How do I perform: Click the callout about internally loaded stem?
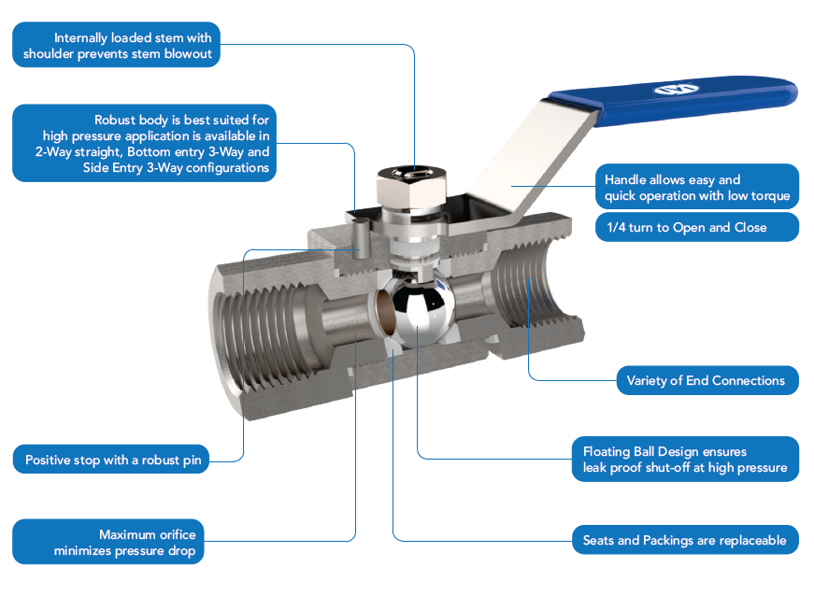[x=117, y=46]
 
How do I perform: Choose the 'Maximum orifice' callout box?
[x=108, y=543]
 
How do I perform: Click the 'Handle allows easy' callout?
[x=696, y=187]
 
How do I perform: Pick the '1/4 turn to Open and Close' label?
[x=696, y=227]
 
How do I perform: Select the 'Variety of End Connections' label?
[x=706, y=380]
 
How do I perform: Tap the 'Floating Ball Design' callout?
[x=684, y=460]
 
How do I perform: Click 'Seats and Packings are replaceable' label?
[x=684, y=540]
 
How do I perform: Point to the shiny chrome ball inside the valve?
[x=420, y=311]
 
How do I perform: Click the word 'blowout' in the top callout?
[x=187, y=54]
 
